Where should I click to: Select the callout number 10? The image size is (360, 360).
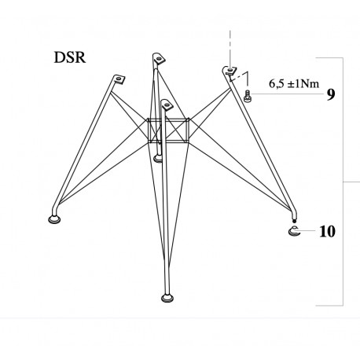click(329, 232)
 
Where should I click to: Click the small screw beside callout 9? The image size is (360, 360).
click(248, 96)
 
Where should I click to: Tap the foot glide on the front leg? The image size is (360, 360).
click(167, 297)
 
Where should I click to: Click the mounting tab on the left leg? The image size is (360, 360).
click(119, 79)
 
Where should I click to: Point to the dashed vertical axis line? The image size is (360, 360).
click(229, 43)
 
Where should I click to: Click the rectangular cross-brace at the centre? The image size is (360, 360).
click(168, 130)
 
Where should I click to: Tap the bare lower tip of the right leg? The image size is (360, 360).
click(293, 220)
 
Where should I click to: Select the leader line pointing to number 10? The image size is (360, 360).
click(310, 232)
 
